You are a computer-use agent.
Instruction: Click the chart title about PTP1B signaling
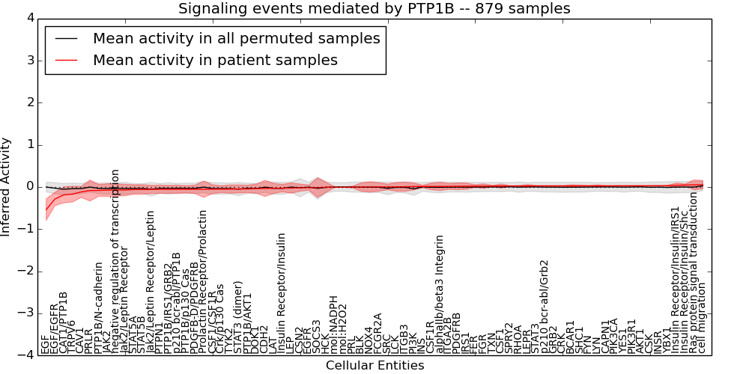[374, 8]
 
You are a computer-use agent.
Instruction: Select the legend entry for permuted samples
[236, 38]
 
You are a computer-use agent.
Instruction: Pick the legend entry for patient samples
[215, 60]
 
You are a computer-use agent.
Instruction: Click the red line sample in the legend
[65, 60]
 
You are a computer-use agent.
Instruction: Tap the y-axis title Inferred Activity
[7, 187]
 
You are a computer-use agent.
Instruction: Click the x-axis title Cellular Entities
[374, 365]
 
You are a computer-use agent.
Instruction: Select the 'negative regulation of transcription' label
[115, 261]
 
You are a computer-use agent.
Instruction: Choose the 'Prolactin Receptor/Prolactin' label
[202, 281]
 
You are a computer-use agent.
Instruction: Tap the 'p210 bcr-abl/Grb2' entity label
[545, 307]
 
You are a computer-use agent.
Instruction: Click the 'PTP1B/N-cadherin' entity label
[97, 307]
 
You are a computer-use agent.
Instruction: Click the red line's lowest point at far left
[46, 209]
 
